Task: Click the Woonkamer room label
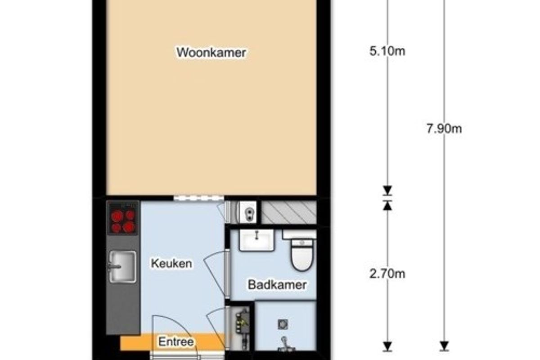(x=211, y=52)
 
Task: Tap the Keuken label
(x=171, y=263)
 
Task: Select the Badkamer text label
(x=277, y=285)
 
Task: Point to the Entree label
(x=176, y=342)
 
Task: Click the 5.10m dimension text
(x=387, y=51)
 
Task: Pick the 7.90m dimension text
(x=444, y=129)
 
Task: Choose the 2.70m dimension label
(x=387, y=274)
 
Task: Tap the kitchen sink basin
(x=123, y=267)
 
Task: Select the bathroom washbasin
(x=257, y=240)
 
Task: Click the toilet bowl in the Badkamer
(x=302, y=256)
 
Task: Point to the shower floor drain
(x=283, y=324)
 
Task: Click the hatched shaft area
(x=289, y=212)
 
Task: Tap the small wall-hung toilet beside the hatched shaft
(x=248, y=212)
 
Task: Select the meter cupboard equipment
(x=242, y=328)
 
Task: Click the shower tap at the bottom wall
(x=285, y=345)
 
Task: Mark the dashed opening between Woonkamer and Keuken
(x=198, y=198)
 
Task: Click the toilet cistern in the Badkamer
(x=299, y=234)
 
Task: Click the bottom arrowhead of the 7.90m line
(x=444, y=346)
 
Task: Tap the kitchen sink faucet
(x=114, y=266)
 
